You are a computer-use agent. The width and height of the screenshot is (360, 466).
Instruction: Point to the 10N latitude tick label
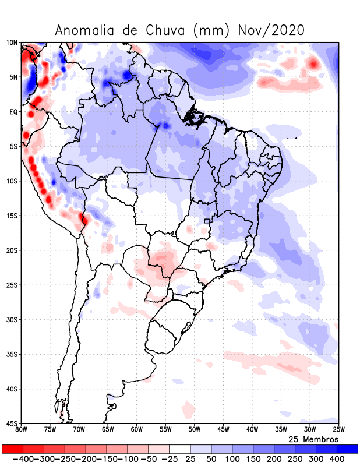click(x=12, y=43)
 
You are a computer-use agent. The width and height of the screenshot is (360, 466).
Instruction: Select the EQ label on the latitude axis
click(x=13, y=112)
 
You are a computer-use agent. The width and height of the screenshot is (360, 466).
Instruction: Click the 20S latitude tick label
click(x=12, y=250)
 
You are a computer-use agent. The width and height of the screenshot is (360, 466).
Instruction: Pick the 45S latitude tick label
click(x=12, y=423)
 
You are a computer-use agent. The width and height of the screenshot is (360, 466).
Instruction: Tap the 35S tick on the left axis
click(x=12, y=354)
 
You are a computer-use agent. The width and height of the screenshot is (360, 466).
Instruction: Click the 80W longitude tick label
click(x=22, y=430)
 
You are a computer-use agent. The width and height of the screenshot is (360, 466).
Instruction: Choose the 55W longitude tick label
click(x=165, y=430)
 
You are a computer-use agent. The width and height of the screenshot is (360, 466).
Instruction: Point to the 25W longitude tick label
click(x=338, y=430)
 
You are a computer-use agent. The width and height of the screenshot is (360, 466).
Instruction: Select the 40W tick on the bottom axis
click(x=252, y=430)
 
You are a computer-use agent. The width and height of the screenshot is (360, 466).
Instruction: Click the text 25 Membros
click(x=313, y=439)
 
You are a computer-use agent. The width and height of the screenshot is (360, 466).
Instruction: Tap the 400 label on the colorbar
click(x=337, y=460)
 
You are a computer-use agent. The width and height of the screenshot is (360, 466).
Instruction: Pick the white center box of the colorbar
click(x=180, y=449)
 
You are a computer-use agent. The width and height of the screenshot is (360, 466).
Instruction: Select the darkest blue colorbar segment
click(x=348, y=449)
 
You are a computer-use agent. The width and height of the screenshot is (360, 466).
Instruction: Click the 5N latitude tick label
click(x=13, y=77)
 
